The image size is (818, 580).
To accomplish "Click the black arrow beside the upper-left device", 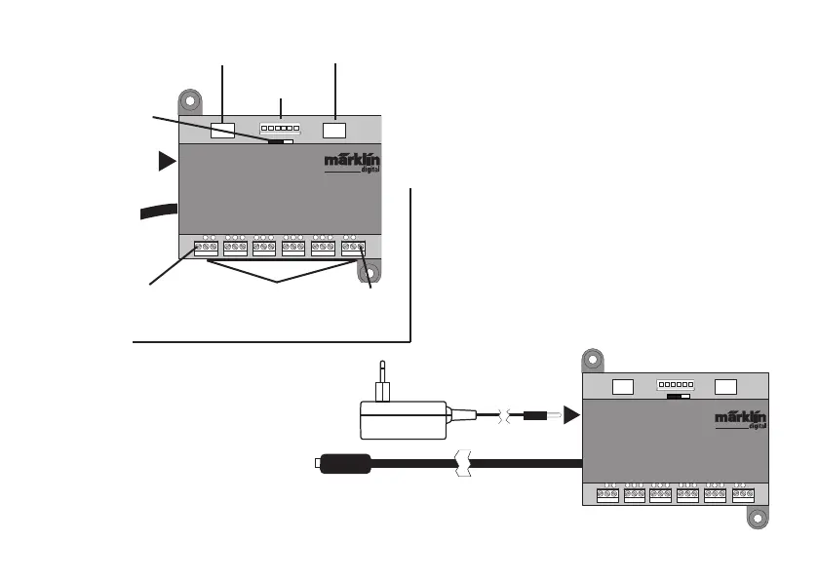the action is pos(167,162).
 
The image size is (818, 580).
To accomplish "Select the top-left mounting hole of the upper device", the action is pos(191,101).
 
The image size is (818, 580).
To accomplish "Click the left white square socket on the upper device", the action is pos(223,129).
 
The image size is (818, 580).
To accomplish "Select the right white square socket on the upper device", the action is pos(334,129).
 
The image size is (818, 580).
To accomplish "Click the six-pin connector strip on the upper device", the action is pos(280,128).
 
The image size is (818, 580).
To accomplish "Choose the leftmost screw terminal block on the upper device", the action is pos(206,249).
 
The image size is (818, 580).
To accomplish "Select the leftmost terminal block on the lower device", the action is pos(606,494).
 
